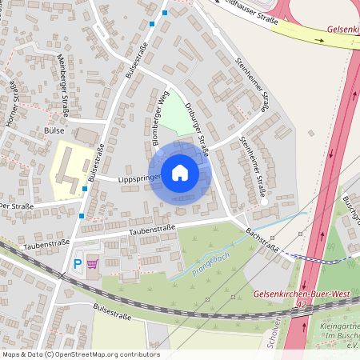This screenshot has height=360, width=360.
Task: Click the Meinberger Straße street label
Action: (62, 74)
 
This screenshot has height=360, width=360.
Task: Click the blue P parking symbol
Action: (78, 263)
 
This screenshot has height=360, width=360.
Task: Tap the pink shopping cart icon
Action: (92, 263)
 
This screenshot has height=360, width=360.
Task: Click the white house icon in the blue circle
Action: (180, 172)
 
